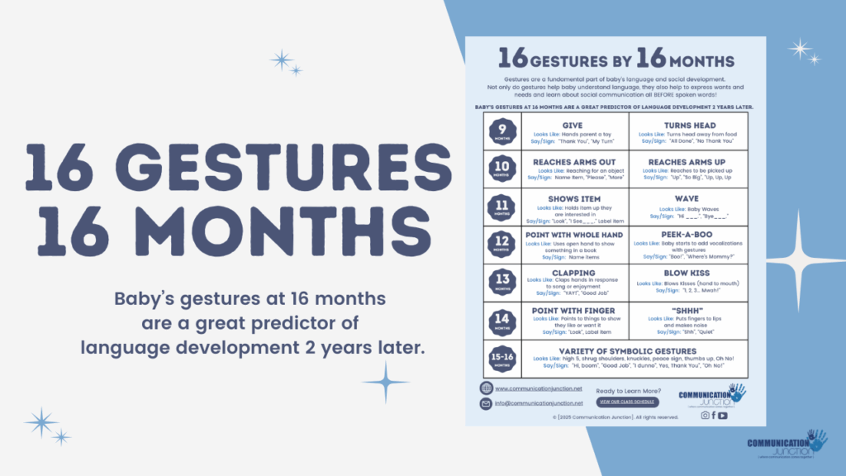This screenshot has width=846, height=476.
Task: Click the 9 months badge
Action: [501, 131]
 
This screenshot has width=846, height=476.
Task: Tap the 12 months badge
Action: [501, 244]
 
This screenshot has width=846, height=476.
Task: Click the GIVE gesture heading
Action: [573, 126]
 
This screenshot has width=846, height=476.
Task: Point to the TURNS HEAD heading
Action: [688, 126]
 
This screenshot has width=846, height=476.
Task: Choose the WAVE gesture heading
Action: [688, 199]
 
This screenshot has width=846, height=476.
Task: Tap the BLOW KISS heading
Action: [688, 274]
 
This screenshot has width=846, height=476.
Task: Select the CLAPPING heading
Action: [573, 273]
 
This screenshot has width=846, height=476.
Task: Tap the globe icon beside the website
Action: [486, 388]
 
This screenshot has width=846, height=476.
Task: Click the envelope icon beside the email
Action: [486, 403]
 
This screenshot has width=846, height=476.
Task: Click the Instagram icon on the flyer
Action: [705, 416]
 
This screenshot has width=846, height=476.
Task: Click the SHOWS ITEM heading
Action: [573, 199]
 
